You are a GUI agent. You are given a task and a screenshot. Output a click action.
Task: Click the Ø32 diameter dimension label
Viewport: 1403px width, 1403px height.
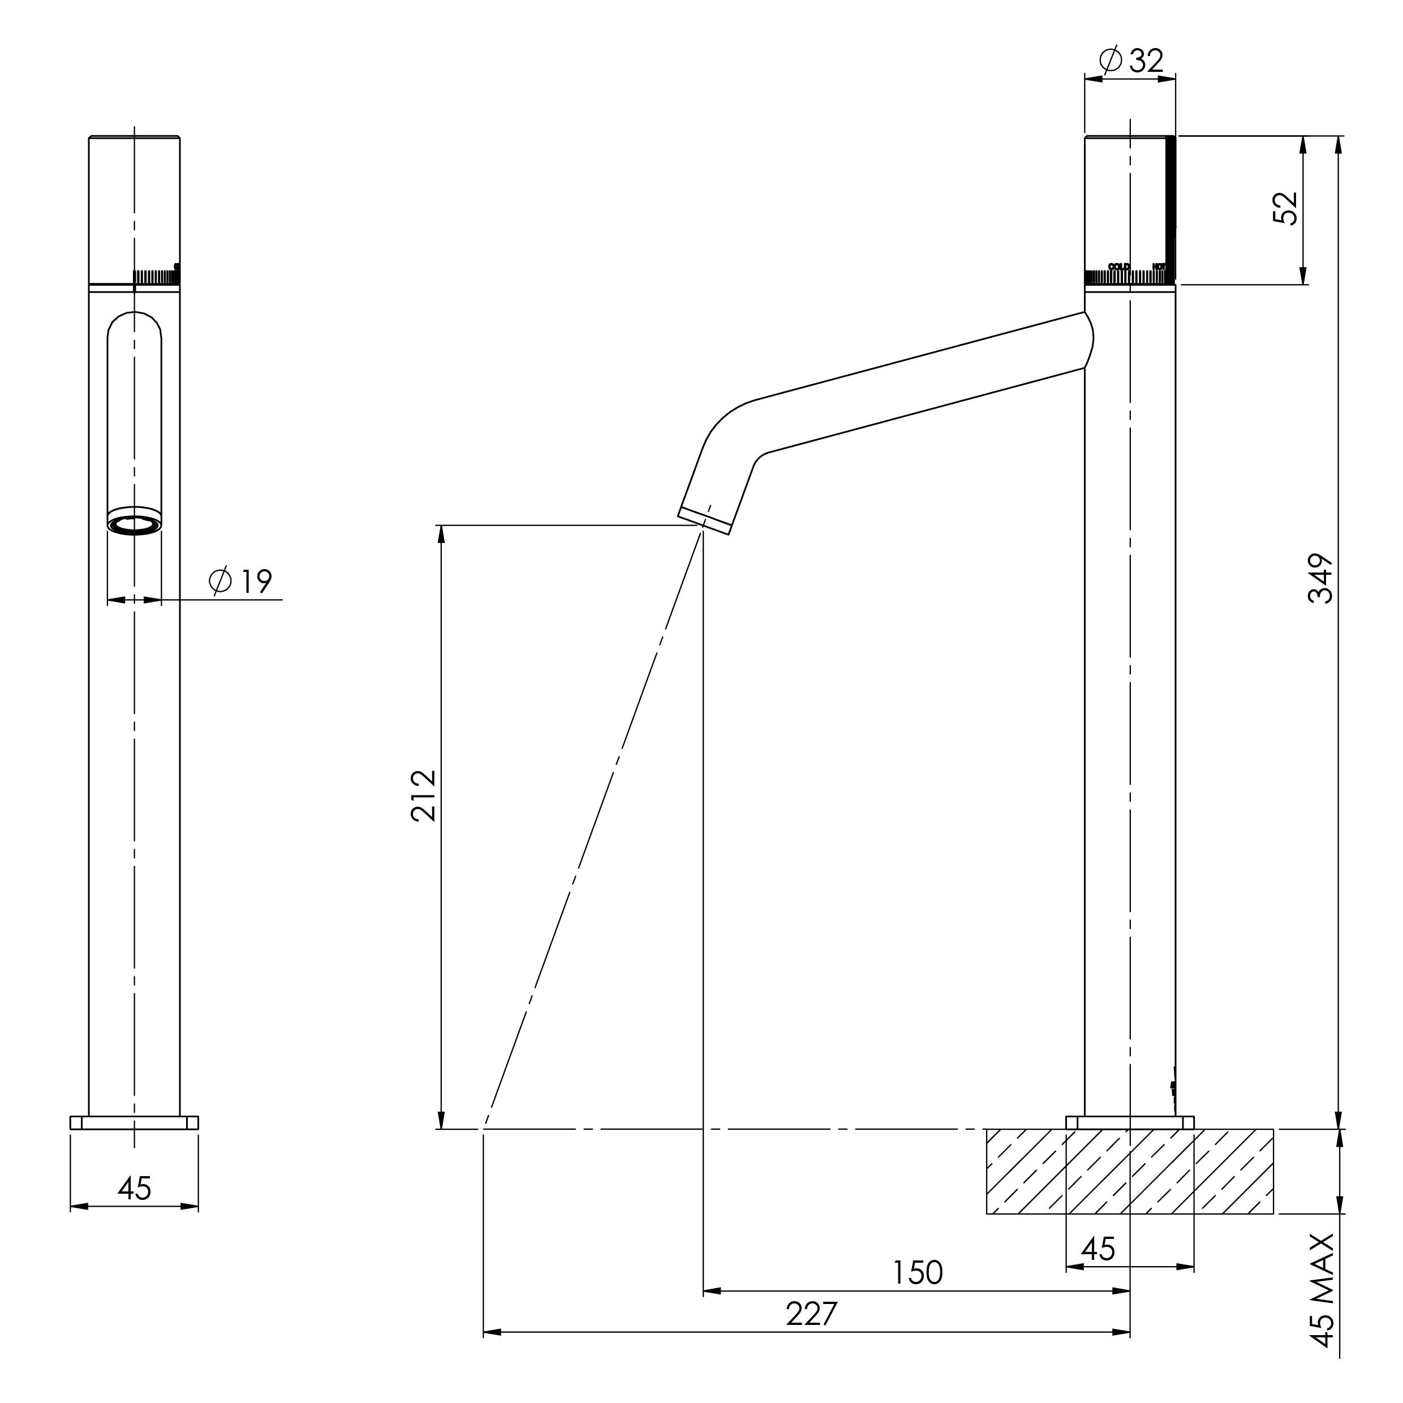1131,61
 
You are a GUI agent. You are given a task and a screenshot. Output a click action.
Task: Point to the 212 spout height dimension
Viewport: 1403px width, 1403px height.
423,796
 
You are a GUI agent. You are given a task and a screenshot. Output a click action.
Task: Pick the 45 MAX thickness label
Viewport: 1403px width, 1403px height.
1321,1290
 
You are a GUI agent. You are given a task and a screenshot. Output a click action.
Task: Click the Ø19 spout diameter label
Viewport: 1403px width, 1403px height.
240,581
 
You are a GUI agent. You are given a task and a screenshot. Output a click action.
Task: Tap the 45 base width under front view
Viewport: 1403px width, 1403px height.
134,1189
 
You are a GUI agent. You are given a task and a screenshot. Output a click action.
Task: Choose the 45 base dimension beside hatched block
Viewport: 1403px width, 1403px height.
1098,1249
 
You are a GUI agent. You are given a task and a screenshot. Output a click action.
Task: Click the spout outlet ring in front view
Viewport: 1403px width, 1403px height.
134,524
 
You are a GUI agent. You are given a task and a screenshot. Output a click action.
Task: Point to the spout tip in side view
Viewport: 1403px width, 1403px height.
704,520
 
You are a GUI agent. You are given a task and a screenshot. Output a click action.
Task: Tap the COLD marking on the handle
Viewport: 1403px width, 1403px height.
1118,266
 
